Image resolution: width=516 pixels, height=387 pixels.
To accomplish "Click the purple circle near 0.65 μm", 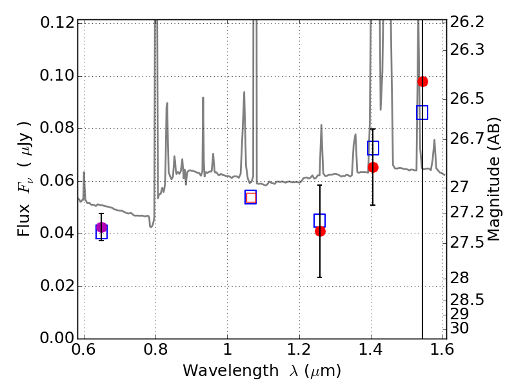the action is [101, 227].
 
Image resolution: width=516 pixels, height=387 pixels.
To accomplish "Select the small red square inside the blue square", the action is [251, 197].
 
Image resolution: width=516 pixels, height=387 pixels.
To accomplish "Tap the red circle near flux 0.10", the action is [422, 81].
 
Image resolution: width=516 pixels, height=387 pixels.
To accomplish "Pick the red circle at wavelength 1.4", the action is [373, 167].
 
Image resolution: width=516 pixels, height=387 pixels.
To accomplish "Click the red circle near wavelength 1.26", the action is [320, 232].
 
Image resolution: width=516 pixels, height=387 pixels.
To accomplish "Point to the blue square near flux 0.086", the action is [422, 112].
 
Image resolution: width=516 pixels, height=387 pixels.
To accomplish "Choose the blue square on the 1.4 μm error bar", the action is [373, 148].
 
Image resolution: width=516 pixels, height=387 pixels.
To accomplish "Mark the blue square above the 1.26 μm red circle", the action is [319, 221].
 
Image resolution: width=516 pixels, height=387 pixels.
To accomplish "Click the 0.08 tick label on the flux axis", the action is [57, 128].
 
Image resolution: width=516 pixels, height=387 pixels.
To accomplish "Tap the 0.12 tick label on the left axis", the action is [57, 23].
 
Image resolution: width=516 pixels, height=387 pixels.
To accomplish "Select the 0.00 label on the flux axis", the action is [57, 337].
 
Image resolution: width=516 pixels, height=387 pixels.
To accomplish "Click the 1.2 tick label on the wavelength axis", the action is [299, 350].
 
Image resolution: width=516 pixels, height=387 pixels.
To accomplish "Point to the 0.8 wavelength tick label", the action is [155, 350].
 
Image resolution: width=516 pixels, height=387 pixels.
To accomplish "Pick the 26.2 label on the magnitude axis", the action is [467, 23].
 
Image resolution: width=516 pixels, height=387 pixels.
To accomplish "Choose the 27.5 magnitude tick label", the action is [467, 243].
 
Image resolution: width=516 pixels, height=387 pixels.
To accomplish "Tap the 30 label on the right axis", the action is [459, 328].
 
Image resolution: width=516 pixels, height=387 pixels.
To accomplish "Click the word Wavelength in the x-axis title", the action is [231, 372].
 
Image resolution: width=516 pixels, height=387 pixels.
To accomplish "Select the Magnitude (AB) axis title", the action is [493, 179].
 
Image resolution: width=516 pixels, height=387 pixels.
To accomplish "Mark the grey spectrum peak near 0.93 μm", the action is [203, 98].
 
